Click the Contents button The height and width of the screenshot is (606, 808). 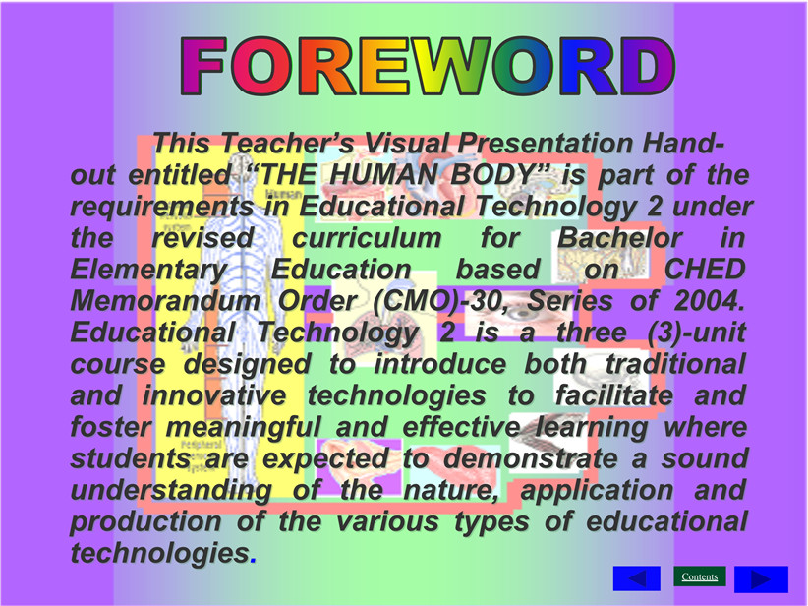[x=699, y=576]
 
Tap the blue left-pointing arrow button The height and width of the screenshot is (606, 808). [x=636, y=578]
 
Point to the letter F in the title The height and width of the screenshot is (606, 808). [x=203, y=66]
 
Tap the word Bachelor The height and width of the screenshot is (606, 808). [x=619, y=238]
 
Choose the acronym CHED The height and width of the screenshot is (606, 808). [x=705, y=270]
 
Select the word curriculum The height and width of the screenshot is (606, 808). [x=367, y=238]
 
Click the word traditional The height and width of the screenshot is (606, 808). [x=675, y=364]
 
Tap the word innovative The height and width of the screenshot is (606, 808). [x=214, y=395]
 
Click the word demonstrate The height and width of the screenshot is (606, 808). [x=530, y=458]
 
